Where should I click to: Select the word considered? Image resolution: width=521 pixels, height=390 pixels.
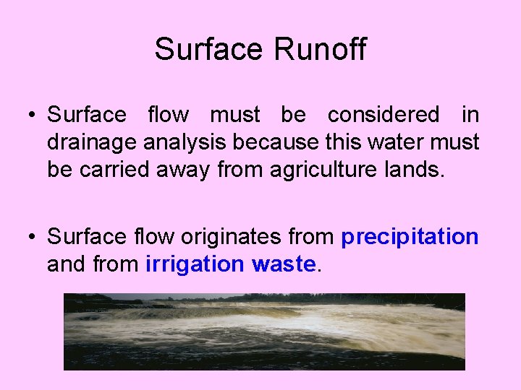(x=384, y=115)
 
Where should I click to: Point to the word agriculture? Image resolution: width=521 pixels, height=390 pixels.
(x=321, y=170)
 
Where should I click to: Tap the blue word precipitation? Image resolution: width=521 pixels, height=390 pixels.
(x=410, y=237)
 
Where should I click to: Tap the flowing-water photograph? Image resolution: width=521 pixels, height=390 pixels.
(x=264, y=331)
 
